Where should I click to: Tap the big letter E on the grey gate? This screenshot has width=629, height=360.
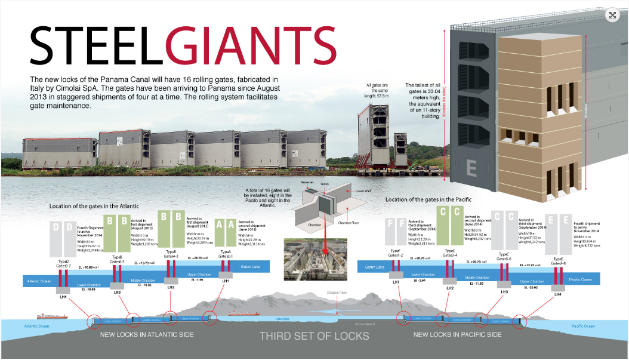[471, 168]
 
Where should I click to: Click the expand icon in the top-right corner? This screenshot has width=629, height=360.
[612, 16]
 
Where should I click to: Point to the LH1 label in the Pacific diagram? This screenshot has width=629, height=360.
[396, 282]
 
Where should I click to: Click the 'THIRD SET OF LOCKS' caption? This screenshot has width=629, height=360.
[314, 336]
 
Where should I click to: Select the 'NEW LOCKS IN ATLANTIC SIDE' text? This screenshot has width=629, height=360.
[147, 334]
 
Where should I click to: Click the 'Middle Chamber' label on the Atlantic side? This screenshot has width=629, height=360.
[144, 278]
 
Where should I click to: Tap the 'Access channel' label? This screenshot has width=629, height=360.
[363, 324]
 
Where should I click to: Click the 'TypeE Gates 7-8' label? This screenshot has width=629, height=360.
[559, 261]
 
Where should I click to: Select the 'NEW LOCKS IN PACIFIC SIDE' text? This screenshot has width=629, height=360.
[457, 334]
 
